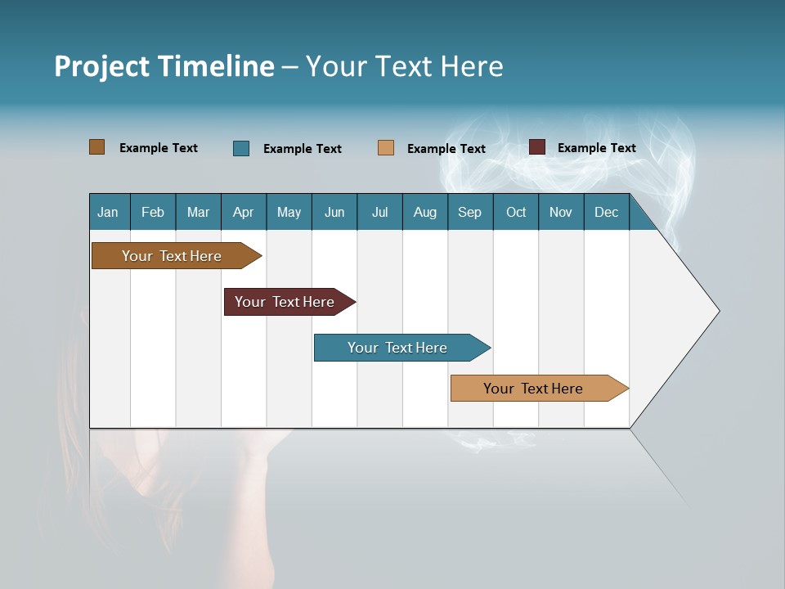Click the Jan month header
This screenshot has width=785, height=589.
[108, 212]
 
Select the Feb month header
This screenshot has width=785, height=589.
[153, 212]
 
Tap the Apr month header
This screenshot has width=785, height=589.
[243, 212]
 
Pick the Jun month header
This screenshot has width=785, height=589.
[334, 212]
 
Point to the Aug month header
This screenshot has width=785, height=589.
[424, 212]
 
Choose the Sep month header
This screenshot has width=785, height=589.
[469, 212]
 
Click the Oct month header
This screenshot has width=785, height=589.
[516, 212]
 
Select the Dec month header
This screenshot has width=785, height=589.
[606, 212]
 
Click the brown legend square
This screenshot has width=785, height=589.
[97, 147]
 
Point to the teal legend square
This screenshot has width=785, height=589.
[241, 148]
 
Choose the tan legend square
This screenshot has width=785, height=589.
[386, 148]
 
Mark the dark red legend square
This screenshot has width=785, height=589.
[537, 147]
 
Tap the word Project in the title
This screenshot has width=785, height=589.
[101, 66]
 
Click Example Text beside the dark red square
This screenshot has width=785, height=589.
[596, 147]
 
